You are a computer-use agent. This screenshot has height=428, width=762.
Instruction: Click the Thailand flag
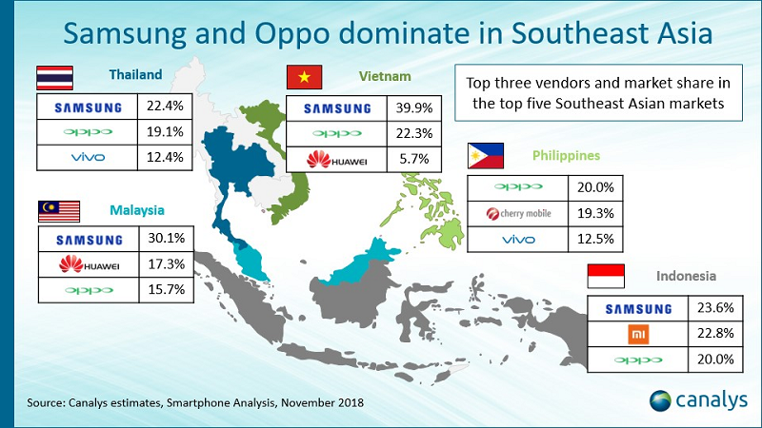click(55, 78)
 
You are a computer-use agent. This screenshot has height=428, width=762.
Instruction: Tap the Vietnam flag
click(304, 77)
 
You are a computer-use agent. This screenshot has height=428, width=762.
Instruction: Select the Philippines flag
click(486, 156)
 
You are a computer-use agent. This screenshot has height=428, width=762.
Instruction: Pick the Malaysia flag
click(59, 211)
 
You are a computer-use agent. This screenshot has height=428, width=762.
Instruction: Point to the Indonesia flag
click(606, 276)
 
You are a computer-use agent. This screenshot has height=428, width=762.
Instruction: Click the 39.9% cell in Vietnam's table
click(414, 108)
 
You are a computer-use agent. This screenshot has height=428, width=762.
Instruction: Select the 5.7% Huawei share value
click(414, 159)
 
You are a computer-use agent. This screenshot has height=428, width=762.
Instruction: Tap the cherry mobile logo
click(518, 213)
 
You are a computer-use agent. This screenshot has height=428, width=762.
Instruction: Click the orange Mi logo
click(638, 335)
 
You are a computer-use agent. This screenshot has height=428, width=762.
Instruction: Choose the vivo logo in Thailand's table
click(88, 157)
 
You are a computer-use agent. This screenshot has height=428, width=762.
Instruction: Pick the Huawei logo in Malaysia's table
click(89, 264)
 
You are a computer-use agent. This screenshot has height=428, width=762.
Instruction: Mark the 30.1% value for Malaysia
click(167, 239)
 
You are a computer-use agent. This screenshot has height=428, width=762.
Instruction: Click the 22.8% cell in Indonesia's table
click(715, 334)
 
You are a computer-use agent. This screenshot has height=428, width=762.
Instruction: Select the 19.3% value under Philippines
click(595, 213)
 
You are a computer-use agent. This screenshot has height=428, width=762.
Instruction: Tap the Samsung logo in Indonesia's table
click(638, 309)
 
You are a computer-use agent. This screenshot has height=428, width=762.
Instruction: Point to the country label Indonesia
click(686, 276)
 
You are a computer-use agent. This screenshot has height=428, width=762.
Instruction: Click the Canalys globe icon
click(660, 400)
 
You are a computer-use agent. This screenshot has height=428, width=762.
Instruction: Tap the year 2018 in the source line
click(350, 402)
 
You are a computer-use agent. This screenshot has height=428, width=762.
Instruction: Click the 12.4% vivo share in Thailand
click(165, 157)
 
